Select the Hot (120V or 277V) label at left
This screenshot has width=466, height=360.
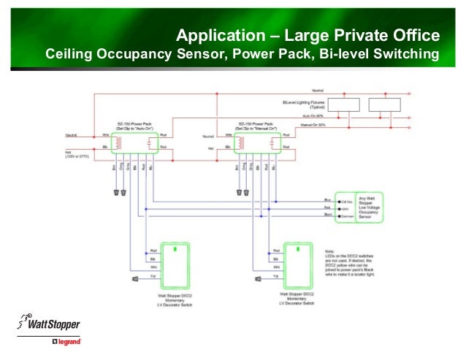76,155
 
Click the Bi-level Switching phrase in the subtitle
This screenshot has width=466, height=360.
379,55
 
